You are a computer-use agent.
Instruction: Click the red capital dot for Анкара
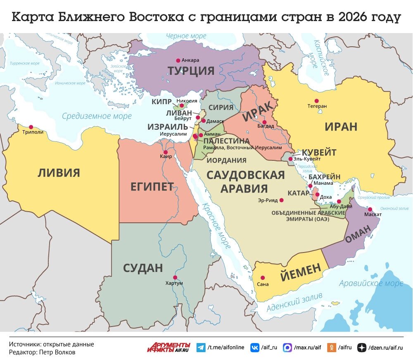[x=178, y=60]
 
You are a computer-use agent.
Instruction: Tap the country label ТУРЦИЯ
[x=191, y=71]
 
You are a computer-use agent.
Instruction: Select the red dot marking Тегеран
[x=317, y=100]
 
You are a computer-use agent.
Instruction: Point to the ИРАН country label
[x=341, y=126]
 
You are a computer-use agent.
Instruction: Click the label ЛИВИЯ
[x=59, y=172]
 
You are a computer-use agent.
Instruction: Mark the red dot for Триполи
[x=30, y=127]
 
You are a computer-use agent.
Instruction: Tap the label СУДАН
[x=143, y=268]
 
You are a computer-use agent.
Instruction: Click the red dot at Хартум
[x=175, y=277]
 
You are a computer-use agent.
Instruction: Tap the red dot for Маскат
[x=370, y=209]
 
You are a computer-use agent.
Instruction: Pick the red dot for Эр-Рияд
[x=282, y=200]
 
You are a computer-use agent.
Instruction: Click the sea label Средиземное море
[x=97, y=116]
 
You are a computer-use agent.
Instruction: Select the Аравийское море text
[x=371, y=284]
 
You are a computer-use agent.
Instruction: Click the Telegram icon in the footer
[x=201, y=348]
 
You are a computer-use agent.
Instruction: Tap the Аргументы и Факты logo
[x=169, y=347]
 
